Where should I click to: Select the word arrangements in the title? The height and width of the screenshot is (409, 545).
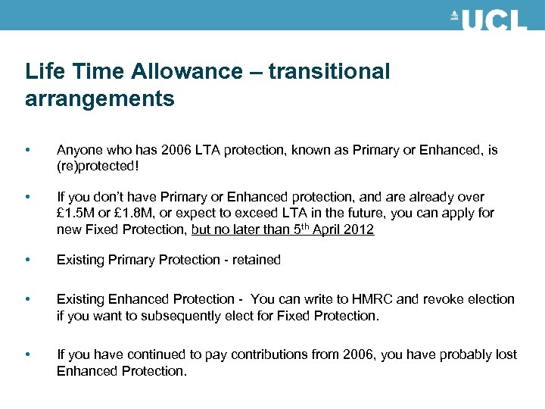pos(99,98)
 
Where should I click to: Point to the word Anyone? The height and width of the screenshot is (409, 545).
pos(77,150)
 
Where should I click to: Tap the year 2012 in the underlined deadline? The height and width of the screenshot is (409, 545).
pos(359,229)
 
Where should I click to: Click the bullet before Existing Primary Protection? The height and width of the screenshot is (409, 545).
pos(28,260)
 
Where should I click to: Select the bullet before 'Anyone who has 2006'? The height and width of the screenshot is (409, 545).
pos(28,150)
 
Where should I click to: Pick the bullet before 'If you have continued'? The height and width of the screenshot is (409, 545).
pos(28,354)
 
